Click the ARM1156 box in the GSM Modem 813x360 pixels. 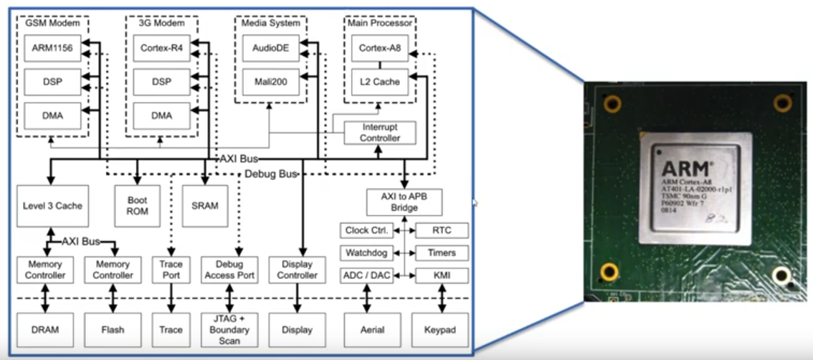tap(52, 48)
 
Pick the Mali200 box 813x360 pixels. tap(270, 82)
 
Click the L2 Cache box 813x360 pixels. tap(379, 82)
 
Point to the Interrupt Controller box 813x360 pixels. tap(379, 132)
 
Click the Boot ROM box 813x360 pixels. tap(138, 206)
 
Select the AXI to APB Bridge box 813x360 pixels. tap(404, 202)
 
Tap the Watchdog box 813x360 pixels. tap(366, 253)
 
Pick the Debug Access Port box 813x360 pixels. tap(229, 269)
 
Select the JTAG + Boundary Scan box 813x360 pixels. tap(229, 330)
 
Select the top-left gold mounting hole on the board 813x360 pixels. tap(612, 105)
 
